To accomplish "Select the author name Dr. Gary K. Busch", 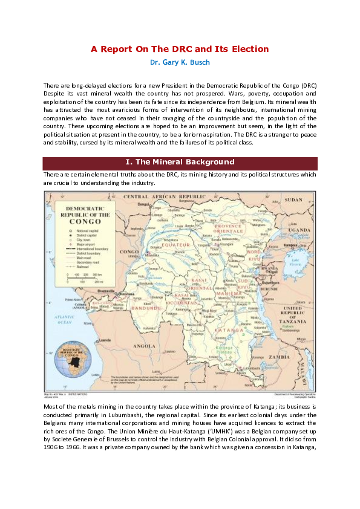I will coord(180,62).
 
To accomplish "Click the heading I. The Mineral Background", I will coord(180,162).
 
